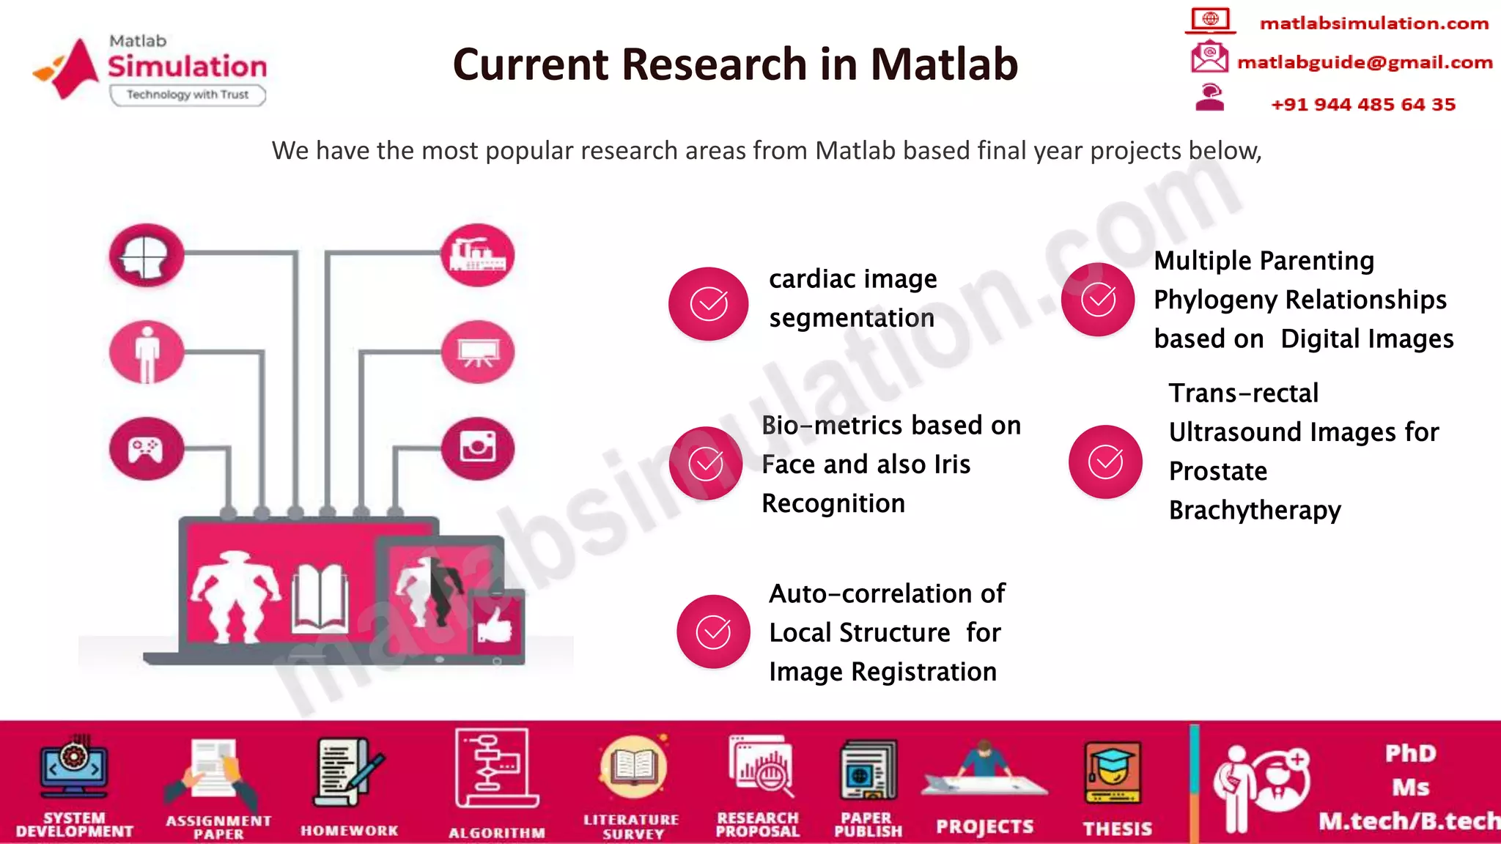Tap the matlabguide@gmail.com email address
(1364, 62)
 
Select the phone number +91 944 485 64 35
(1362, 105)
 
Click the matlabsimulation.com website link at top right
(1373, 23)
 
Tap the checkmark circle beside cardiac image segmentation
(708, 303)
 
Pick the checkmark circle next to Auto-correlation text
(712, 632)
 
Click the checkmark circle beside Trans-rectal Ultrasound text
(1105, 462)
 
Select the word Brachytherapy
(1255, 510)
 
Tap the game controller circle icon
(147, 448)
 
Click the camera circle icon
(478, 448)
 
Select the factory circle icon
(477, 254)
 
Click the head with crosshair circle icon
(147, 255)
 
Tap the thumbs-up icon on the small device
(495, 625)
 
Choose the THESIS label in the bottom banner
(1117, 829)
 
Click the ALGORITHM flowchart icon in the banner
(495, 769)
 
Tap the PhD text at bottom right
(1409, 754)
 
